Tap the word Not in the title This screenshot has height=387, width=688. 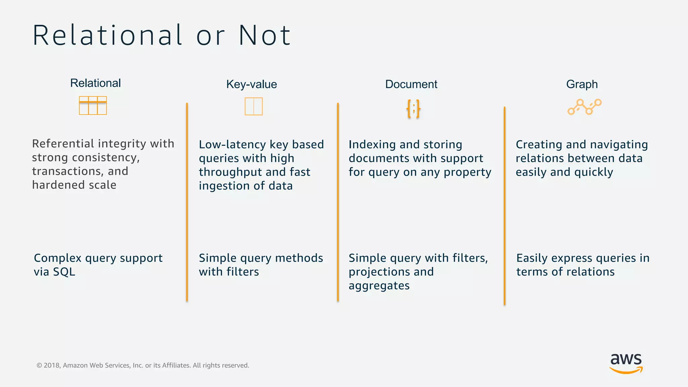click(x=265, y=35)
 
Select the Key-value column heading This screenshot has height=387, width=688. click(x=252, y=84)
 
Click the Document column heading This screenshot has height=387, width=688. click(x=411, y=84)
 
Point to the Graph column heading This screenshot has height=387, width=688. click(x=582, y=84)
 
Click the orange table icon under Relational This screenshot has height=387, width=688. click(x=93, y=105)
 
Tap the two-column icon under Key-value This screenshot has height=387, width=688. click(x=254, y=106)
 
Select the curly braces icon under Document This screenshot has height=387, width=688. click(x=413, y=109)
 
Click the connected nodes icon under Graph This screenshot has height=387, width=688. click(x=585, y=107)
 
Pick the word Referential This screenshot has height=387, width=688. click(x=63, y=144)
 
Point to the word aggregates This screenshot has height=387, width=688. click(x=379, y=286)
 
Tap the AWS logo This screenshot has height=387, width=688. click(x=626, y=363)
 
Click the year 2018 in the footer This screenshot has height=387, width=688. click(x=52, y=365)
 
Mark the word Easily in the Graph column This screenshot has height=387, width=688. click(x=532, y=258)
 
